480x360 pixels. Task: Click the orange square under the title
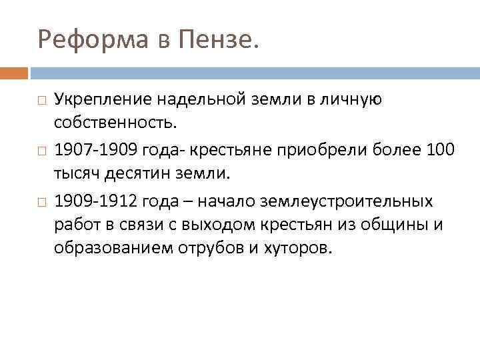click(x=14, y=72)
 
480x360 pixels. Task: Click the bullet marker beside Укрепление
click(x=41, y=101)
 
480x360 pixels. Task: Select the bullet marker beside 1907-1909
click(x=41, y=151)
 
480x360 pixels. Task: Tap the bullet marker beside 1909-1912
click(x=41, y=201)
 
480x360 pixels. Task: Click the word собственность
click(x=115, y=124)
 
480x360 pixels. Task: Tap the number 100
click(x=439, y=150)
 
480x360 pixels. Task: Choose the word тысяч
click(x=74, y=174)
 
